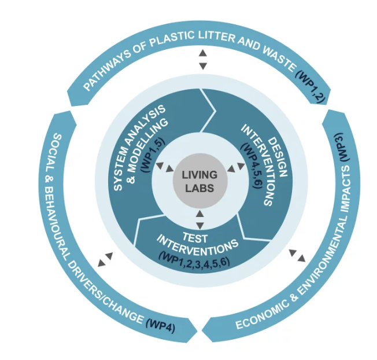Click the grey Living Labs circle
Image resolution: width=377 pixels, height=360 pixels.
(199, 180)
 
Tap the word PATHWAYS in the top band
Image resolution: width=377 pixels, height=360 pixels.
(110, 72)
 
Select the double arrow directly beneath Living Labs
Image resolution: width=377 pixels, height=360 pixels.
(199, 220)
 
